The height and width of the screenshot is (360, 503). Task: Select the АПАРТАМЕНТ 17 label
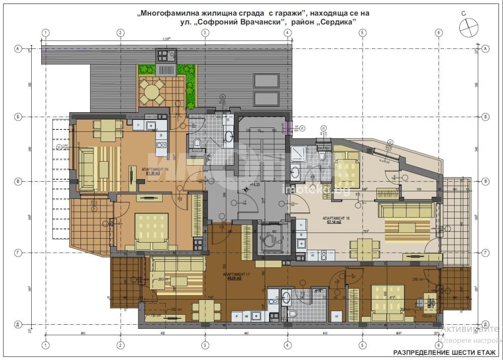coord(238,275)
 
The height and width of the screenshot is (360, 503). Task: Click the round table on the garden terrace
coord(151,91)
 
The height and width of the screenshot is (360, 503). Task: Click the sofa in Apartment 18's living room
coord(405,210)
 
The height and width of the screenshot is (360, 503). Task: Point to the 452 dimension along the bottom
coord(162,333)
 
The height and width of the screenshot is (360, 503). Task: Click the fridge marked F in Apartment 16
coord(137,124)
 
